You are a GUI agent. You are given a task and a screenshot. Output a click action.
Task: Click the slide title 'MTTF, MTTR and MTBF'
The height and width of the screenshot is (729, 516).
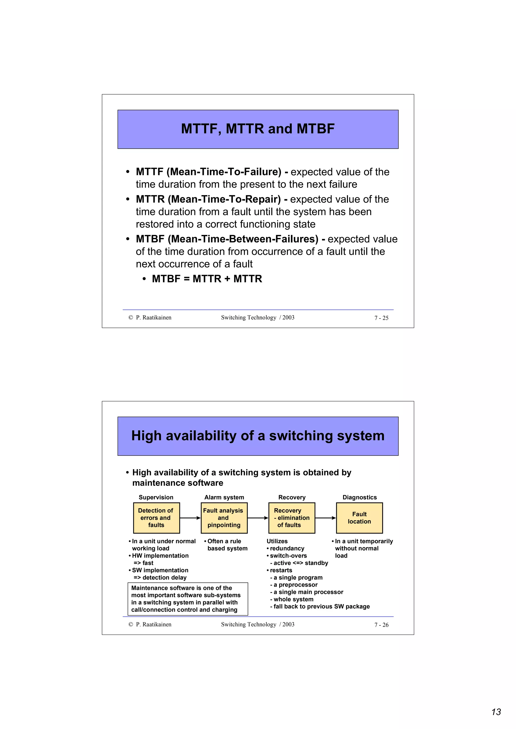point(257,129)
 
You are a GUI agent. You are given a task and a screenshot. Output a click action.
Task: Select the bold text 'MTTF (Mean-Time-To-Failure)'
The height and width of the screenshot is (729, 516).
point(208,172)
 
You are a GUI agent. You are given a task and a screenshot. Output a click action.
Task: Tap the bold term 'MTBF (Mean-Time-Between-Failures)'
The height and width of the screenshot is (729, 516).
point(227,239)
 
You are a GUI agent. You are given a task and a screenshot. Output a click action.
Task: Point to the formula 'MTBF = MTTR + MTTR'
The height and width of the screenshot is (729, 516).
point(207,279)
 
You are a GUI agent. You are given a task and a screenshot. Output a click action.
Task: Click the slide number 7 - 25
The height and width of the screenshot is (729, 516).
point(381,318)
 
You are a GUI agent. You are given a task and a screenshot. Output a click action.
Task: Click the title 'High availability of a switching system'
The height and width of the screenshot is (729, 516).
point(257,436)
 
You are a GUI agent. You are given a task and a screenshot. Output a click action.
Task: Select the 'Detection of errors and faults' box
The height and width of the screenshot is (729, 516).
point(156,518)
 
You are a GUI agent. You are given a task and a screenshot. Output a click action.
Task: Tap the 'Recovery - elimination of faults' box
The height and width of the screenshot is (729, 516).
point(292,518)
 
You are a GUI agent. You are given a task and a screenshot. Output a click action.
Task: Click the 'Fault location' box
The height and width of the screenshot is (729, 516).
point(359,518)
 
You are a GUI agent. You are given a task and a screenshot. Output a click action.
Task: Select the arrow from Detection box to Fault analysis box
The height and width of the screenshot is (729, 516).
point(190,518)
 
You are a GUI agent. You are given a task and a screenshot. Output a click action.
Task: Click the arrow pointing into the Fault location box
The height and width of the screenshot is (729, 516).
point(326,518)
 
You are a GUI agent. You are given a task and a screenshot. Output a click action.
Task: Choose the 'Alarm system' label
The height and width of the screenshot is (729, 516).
point(224,497)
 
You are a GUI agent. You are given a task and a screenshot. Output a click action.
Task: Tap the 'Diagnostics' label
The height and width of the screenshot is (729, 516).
point(359,497)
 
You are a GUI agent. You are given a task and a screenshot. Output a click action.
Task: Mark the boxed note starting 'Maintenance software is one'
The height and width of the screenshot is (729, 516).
point(187,599)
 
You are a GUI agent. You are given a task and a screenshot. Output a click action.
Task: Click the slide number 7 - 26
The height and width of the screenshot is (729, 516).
point(381,625)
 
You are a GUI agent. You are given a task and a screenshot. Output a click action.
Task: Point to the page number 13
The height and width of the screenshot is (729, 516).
point(496,712)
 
